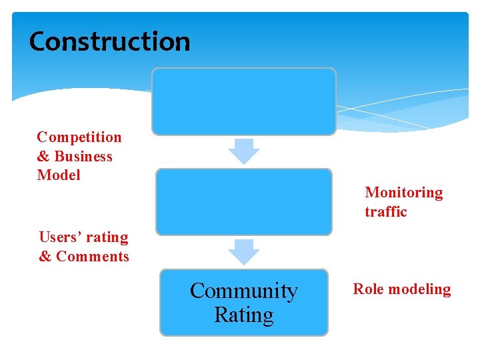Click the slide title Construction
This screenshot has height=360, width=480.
point(110,41)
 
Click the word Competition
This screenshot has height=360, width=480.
point(79,137)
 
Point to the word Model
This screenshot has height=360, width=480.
point(59,175)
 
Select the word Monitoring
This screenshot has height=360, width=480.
point(404,193)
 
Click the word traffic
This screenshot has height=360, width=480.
point(385,212)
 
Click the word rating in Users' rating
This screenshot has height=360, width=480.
point(109,237)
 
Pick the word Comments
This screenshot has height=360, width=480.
point(93,257)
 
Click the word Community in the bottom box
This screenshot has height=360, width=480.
point(243,291)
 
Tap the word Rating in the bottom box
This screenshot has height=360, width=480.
point(243,315)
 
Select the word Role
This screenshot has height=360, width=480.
point(369,289)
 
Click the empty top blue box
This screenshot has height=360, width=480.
point(243,101)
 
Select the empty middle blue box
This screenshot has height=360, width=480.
point(243,201)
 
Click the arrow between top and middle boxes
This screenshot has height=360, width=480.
point(243,151)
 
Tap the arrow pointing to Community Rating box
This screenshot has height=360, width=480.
point(243,251)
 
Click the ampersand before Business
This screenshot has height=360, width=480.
point(44,157)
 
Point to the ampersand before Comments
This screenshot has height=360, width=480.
point(45,257)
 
